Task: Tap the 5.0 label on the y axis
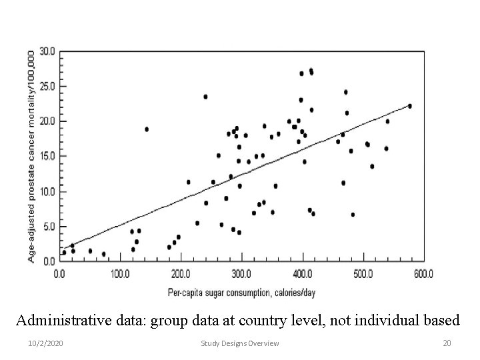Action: point(49,227)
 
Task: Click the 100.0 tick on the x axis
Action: point(120,273)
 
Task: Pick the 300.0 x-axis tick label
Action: point(241,273)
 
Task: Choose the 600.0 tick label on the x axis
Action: point(423,273)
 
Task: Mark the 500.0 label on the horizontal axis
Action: point(363,273)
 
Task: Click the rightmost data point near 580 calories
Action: point(409,106)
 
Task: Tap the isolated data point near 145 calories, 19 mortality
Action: point(147,129)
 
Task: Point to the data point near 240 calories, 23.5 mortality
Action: point(205,97)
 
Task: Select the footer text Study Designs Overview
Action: point(240,343)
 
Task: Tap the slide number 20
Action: point(447,343)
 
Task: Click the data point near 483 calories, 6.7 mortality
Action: point(353,215)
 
